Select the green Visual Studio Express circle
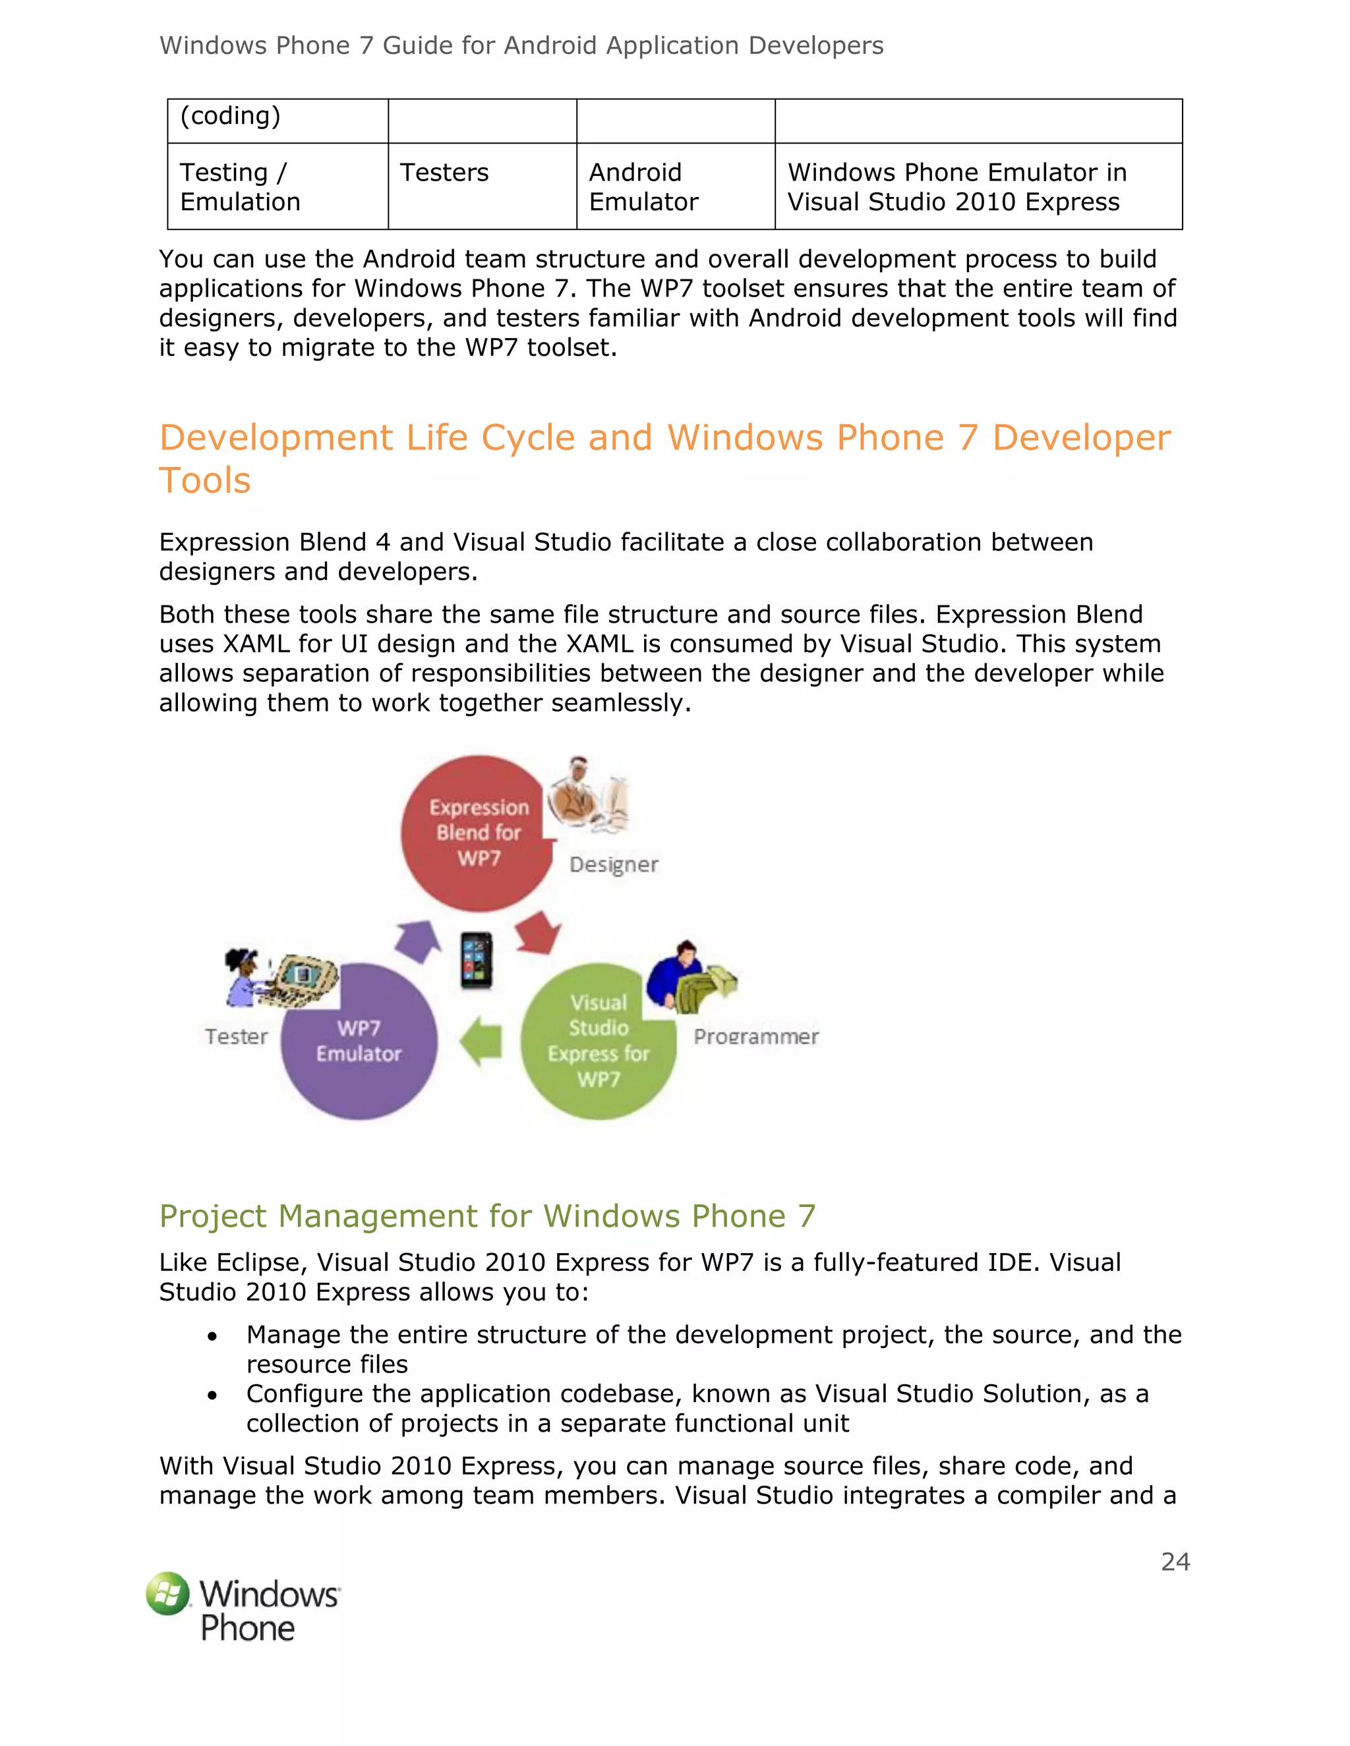pos(599,1041)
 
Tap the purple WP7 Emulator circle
pos(359,1041)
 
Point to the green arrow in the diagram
pos(481,1041)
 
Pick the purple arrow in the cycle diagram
pos(419,940)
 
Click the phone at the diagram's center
pos(477,960)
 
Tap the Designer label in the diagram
pos(614,864)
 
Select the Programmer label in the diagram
pos(756,1036)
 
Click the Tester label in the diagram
pos(236,1036)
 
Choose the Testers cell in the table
pos(444,173)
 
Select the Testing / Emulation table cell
pos(240,187)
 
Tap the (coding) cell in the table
pos(230,116)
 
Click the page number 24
pos(1175,1562)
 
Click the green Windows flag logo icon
pos(168,1593)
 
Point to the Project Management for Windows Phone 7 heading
pos(487,1216)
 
